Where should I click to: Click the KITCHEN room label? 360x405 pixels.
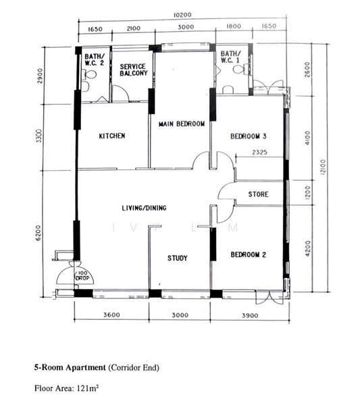[x=112, y=136]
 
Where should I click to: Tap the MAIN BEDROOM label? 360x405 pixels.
[x=182, y=124]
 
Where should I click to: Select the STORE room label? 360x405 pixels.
[x=258, y=194]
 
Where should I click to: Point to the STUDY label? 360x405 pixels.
[x=177, y=258]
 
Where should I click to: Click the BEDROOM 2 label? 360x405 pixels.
[x=249, y=254]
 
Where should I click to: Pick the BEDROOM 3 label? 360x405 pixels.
[x=249, y=136]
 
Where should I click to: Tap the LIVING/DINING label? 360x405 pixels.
[x=145, y=208]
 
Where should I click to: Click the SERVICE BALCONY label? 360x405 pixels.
[x=134, y=70]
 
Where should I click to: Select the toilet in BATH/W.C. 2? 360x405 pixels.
[x=89, y=75]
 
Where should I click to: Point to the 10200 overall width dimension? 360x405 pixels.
[x=182, y=15]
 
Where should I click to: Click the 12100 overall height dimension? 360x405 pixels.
[x=323, y=167]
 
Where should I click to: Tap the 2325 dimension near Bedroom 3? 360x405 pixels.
[x=260, y=152]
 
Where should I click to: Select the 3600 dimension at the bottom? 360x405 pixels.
[x=111, y=315]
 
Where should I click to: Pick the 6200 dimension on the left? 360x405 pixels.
[x=38, y=234]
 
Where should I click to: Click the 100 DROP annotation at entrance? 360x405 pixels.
[x=82, y=276]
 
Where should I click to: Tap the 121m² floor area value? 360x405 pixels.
[x=87, y=388]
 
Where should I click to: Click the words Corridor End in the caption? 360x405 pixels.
[x=134, y=368]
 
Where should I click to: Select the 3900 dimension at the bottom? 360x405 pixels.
[x=250, y=315]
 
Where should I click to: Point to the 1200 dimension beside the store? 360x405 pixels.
[x=307, y=192]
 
